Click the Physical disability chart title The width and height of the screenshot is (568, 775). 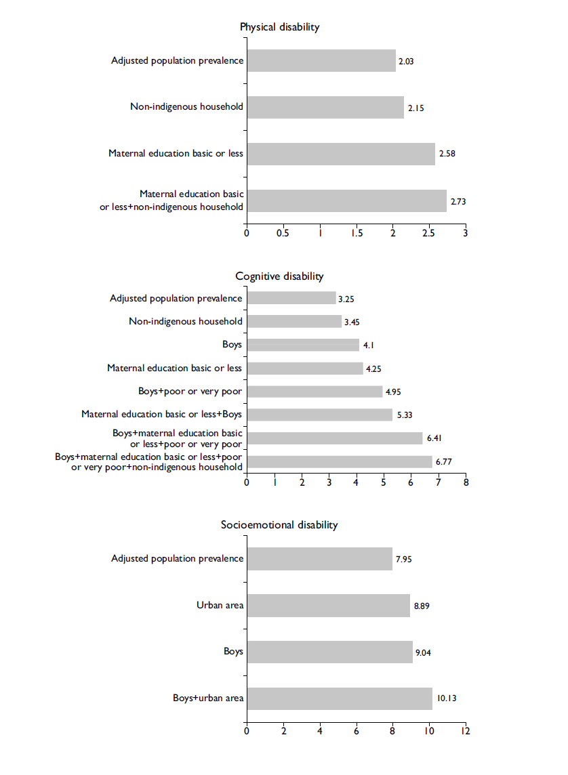coord(279,27)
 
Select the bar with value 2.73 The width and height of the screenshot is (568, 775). coord(346,201)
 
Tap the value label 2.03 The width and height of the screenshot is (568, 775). coord(406,62)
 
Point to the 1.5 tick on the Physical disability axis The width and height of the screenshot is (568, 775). coord(357,233)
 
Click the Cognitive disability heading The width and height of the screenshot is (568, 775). coord(279,276)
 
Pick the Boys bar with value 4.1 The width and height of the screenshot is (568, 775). coord(303,345)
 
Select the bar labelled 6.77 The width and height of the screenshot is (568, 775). coord(340,461)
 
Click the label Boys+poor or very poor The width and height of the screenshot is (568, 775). coord(190,391)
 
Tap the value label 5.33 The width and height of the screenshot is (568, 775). coord(404,415)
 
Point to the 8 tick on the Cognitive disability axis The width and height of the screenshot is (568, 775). coord(466,483)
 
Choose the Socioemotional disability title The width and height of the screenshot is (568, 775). coord(279,525)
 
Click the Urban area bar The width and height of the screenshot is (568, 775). coord(328,606)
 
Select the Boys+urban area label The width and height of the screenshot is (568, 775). coord(208,698)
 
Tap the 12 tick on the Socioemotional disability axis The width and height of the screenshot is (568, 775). coord(465,732)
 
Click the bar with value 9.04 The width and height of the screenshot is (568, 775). coord(329,652)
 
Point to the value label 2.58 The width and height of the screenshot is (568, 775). coord(447,154)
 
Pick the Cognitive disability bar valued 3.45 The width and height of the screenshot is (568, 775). coord(294,321)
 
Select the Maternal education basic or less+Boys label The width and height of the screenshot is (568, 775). coord(161,414)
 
